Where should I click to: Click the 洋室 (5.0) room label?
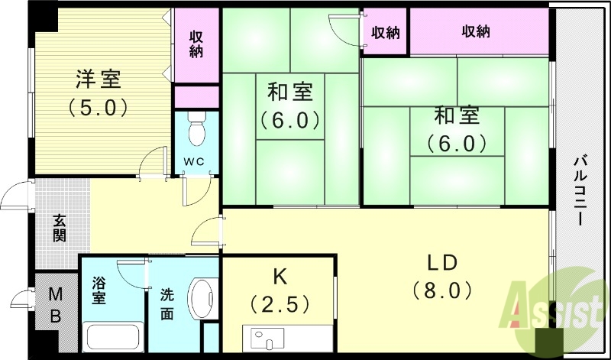[97, 91]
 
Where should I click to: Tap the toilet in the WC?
[196, 131]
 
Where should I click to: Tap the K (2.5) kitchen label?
[280, 290]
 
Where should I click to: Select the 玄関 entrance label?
[60, 227]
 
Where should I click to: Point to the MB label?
[55, 303]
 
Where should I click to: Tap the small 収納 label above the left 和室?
[386, 31]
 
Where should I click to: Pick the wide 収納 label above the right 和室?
[476, 31]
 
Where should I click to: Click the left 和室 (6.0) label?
[289, 105]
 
